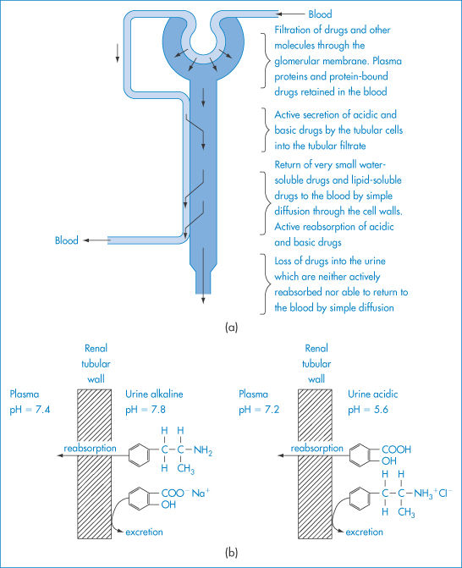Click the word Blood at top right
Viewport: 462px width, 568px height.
pos(320,14)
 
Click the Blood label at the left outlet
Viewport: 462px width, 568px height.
pos(67,240)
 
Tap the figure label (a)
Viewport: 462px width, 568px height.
pos(231,327)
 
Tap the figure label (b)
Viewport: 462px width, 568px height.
pos(231,553)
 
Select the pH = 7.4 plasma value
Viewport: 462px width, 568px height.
pos(30,410)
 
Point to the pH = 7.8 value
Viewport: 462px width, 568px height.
pos(146,410)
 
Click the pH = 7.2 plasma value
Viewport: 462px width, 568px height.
pos(259,410)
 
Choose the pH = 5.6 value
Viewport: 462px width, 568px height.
pos(368,410)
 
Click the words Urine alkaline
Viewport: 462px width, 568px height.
pos(154,394)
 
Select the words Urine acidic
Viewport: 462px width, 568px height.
pos(373,394)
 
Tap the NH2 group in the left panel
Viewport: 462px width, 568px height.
pos(203,450)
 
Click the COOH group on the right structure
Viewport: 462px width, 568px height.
pos(397,449)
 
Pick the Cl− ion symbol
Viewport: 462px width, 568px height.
pos(445,494)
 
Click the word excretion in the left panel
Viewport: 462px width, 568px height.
pos(144,532)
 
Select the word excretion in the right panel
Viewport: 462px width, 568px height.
pos(364,532)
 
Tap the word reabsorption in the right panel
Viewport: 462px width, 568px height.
pos(316,449)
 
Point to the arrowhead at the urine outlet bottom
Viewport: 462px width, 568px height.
pos(203,301)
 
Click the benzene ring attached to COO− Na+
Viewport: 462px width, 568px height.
pos(139,499)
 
